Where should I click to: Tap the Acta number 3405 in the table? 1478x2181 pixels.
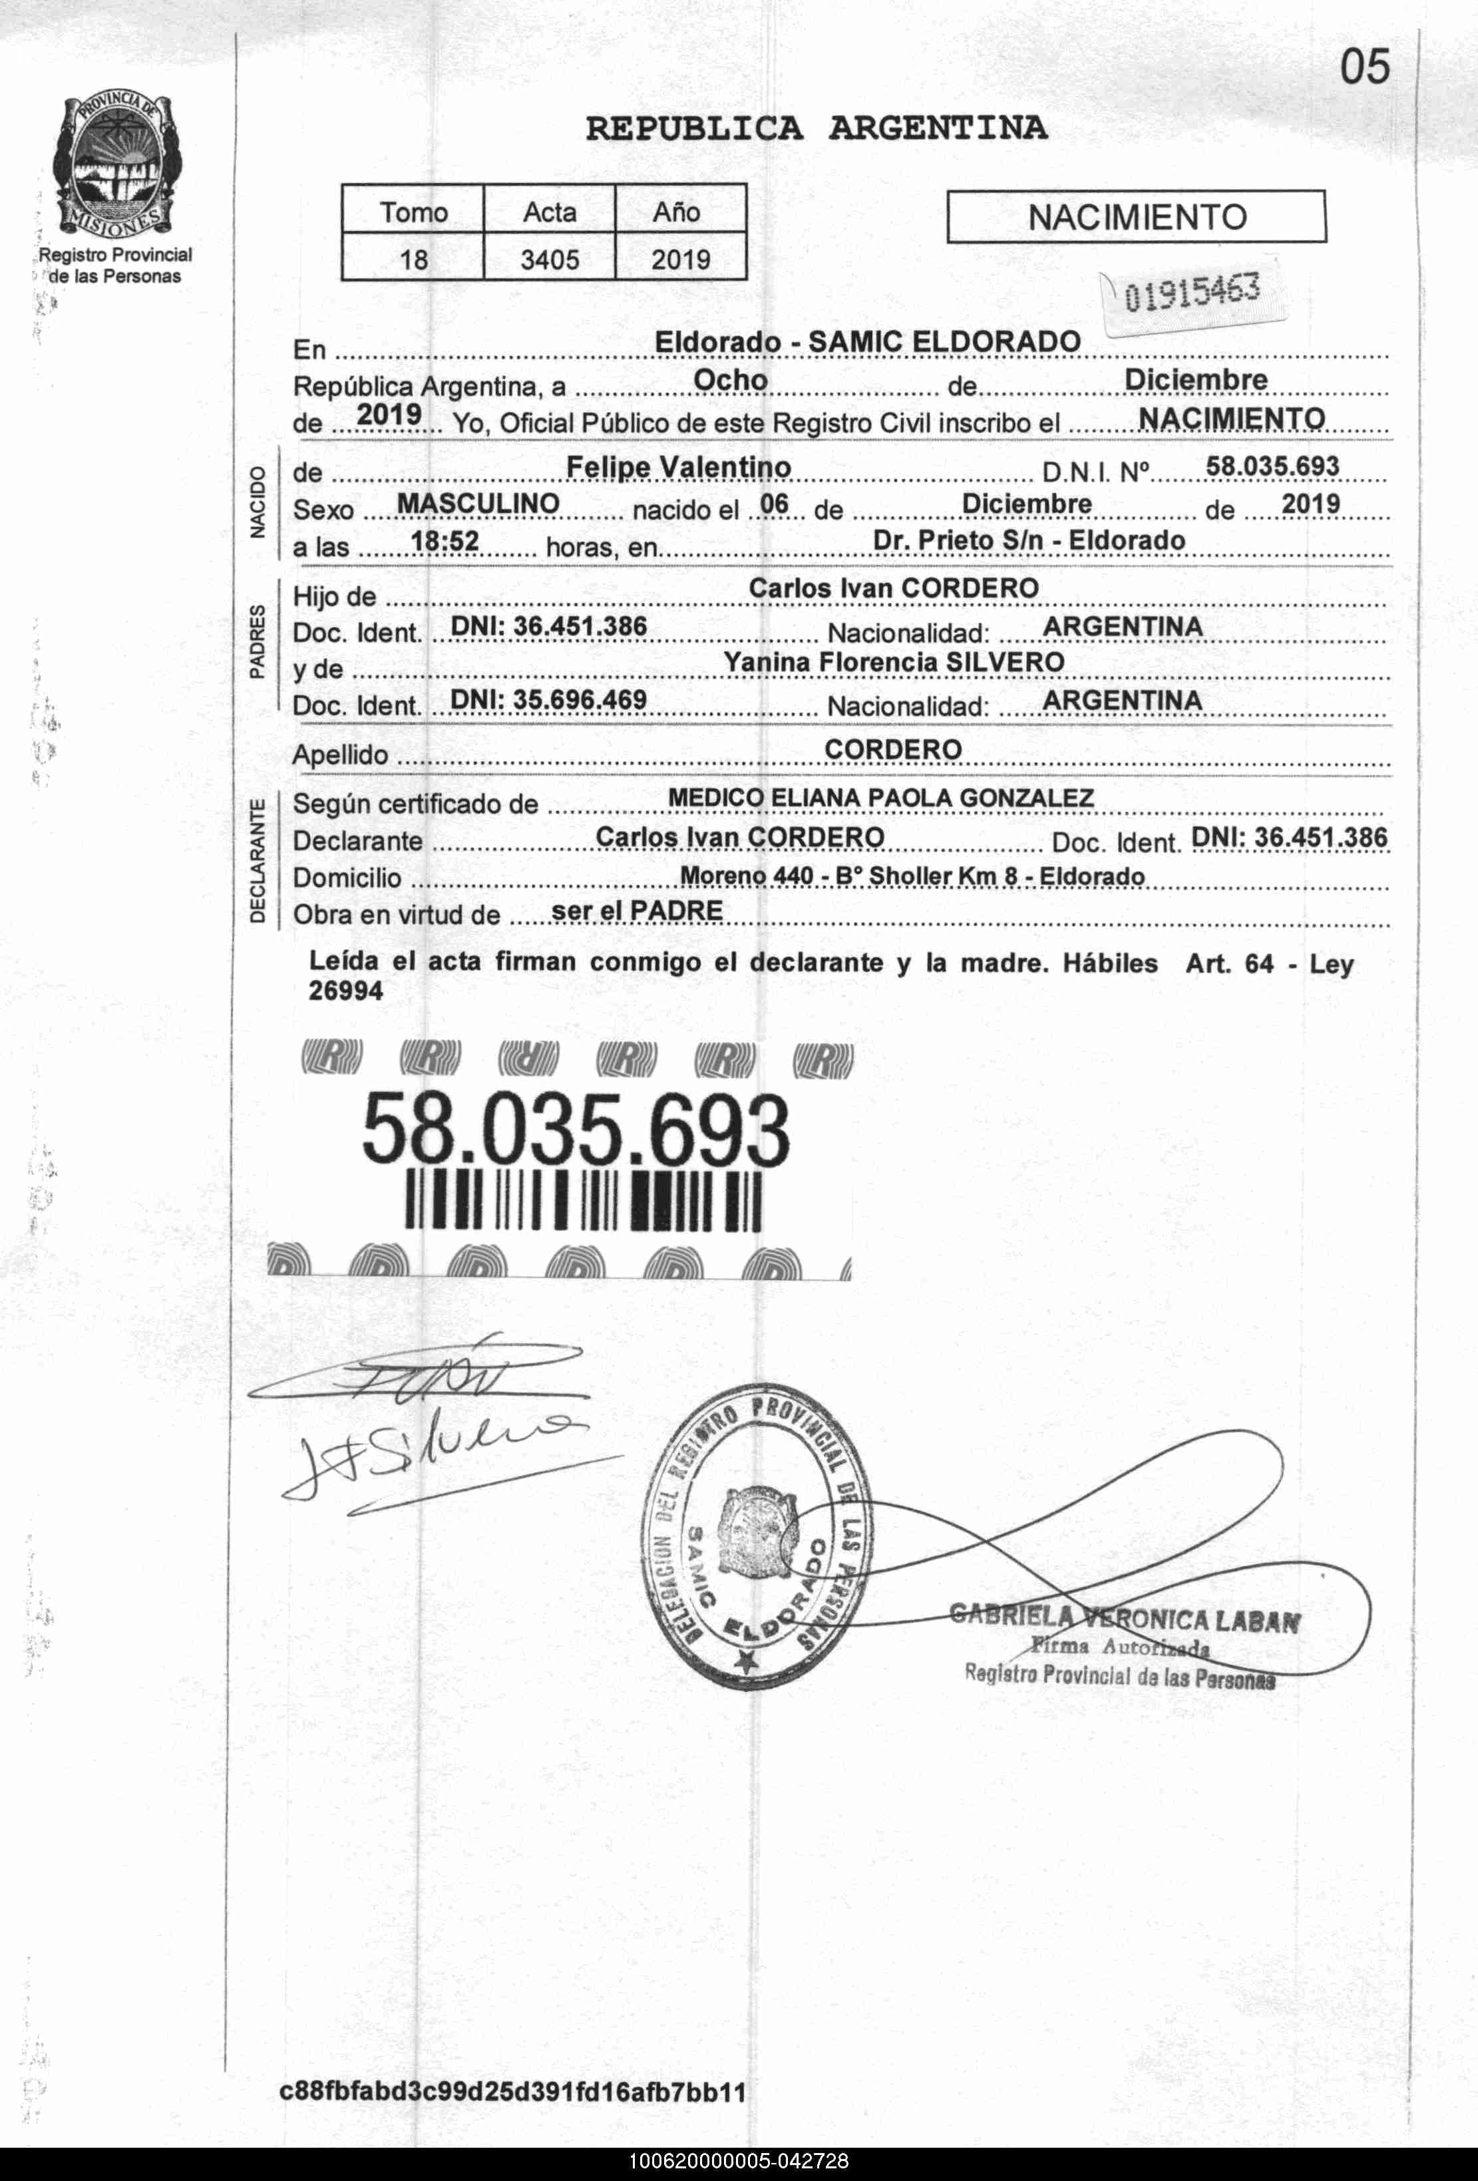click(x=550, y=259)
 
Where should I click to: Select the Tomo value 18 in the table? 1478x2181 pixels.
click(x=414, y=259)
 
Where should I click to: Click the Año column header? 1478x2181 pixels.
click(x=677, y=212)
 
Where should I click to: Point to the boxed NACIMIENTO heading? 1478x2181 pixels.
click(x=1137, y=218)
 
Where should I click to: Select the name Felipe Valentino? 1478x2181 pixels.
click(x=679, y=466)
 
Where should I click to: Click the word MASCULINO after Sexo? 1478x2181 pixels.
click(x=478, y=504)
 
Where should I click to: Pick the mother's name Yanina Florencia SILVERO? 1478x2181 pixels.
click(x=893, y=663)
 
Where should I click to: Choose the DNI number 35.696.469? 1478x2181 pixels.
click(x=548, y=700)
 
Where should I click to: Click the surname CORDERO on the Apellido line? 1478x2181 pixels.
click(x=892, y=749)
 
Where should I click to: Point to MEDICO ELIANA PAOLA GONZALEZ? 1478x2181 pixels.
click(x=880, y=798)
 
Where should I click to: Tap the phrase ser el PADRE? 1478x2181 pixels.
click(x=636, y=910)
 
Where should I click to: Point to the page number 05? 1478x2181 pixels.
click(x=1364, y=67)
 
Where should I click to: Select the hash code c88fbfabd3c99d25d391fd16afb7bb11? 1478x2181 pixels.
click(x=512, y=2092)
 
